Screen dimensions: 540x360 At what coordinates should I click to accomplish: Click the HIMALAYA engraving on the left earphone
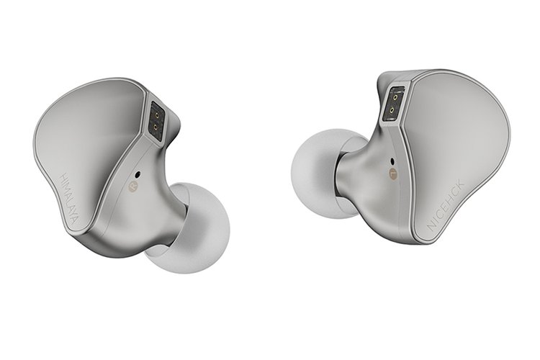coord(70,200)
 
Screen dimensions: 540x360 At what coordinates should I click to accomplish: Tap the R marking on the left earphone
coord(132,187)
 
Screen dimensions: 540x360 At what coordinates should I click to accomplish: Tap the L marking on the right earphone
coord(392,173)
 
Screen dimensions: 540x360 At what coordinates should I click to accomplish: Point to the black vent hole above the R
coord(138,175)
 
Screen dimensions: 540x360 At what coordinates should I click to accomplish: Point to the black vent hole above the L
coord(393,161)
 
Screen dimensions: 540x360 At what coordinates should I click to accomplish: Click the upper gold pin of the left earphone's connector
coord(158,114)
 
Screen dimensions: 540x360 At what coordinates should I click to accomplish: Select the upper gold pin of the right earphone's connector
coord(395,97)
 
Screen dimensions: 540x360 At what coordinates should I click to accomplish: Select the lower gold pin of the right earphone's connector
coord(393,110)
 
